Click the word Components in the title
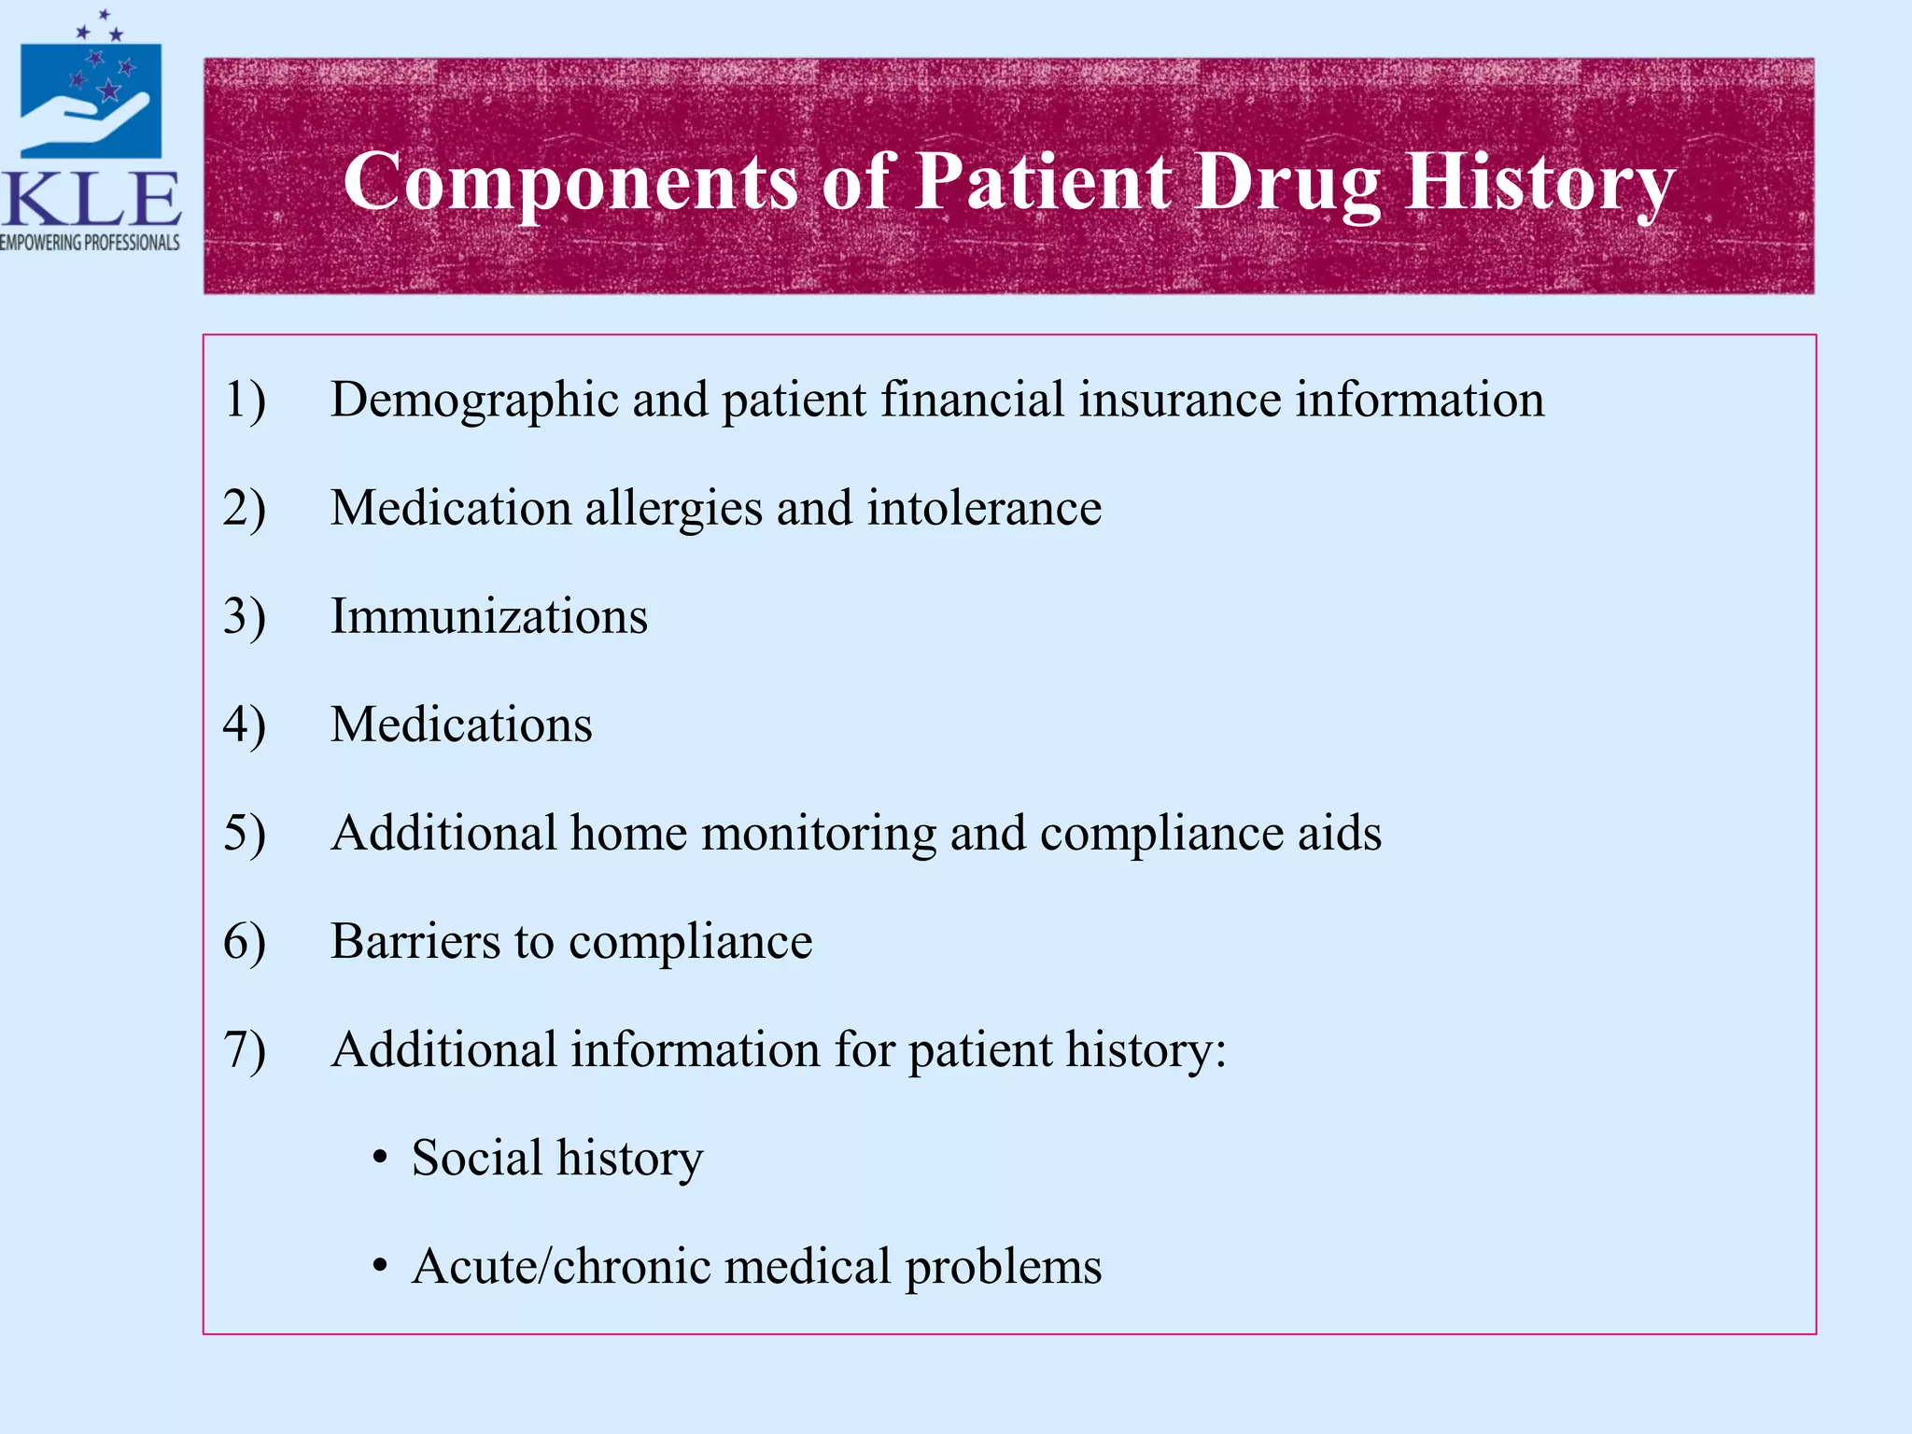pos(570,183)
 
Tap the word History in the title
pos(1539,183)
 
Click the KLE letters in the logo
pos(91,199)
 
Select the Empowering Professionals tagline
pos(90,243)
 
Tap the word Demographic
pos(474,400)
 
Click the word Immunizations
pos(488,616)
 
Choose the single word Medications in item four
pos(461,724)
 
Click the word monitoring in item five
pos(819,834)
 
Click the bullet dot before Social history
pos(379,1160)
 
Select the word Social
pos(477,1158)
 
